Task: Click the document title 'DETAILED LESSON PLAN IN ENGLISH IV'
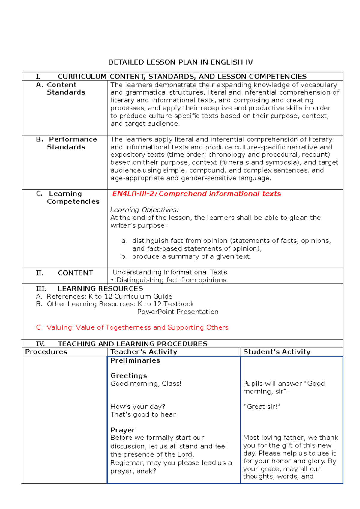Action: [180, 62]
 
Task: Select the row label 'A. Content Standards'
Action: [61, 89]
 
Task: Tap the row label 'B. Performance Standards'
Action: [67, 143]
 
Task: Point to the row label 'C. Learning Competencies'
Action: [68, 197]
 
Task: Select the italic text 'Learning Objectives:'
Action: [144, 210]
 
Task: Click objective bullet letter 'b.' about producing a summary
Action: [124, 257]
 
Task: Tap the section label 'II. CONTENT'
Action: [64, 273]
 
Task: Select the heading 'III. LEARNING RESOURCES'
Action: [89, 288]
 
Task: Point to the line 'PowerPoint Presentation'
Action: [178, 312]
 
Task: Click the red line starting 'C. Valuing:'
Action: [132, 327]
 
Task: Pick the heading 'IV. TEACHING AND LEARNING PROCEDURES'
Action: [121, 344]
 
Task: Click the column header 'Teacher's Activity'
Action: [144, 352]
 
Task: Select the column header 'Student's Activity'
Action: [277, 352]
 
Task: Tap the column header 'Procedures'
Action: [46, 352]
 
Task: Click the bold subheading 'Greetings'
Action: [129, 376]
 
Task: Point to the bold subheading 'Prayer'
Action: [122, 430]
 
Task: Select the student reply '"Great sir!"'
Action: [262, 407]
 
